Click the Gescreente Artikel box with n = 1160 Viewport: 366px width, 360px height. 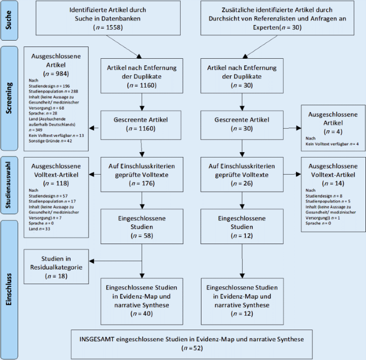[141, 123]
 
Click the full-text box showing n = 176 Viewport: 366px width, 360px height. [141, 173]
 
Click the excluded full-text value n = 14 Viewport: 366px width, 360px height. [330, 182]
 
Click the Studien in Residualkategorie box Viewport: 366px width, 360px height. [57, 267]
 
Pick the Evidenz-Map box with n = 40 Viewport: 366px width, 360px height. [141, 300]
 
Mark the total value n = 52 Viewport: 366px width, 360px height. [191, 348]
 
